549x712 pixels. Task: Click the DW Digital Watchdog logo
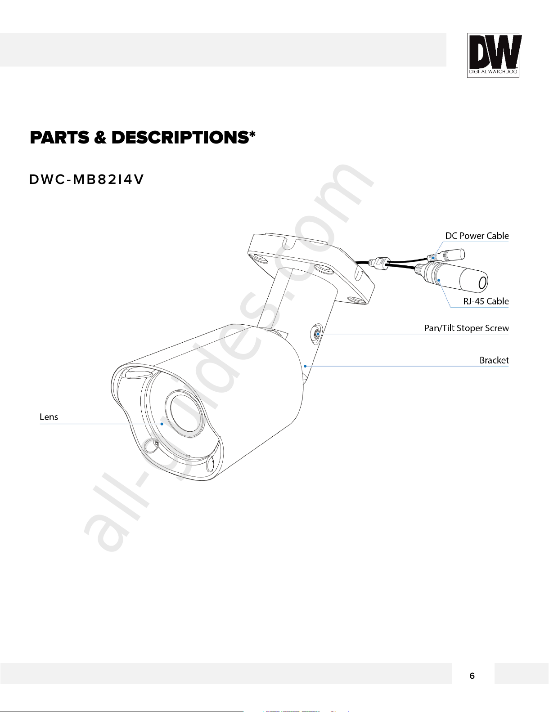tap(493, 55)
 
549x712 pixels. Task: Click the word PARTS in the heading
tap(59, 138)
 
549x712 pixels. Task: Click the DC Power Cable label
tap(477, 236)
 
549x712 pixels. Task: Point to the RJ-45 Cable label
tap(486, 301)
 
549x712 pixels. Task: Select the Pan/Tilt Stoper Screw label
tap(466, 328)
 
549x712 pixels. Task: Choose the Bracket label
tap(494, 360)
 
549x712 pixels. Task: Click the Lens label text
tap(49, 417)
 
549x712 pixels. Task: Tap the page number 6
tap(472, 676)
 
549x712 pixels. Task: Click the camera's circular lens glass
tap(184, 412)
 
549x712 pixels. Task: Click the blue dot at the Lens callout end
tap(162, 424)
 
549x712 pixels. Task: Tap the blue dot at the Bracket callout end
tap(305, 366)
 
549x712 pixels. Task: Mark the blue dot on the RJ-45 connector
tap(439, 280)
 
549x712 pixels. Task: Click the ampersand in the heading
tap(100, 138)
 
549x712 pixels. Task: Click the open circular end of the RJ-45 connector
tap(482, 283)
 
